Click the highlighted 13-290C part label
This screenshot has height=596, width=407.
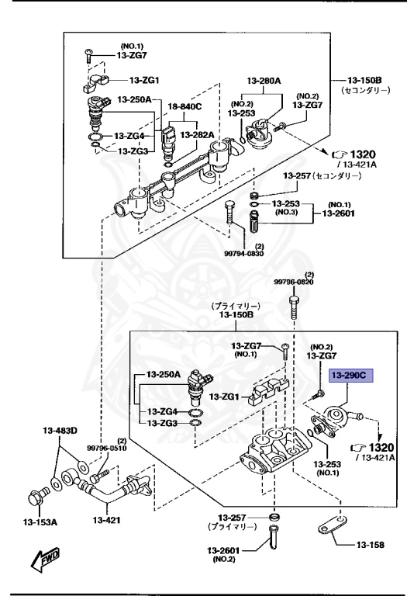pos(351,376)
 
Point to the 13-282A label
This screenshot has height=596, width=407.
pos(197,134)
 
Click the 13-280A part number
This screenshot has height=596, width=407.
pos(264,81)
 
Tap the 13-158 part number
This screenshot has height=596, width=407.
pos(370,545)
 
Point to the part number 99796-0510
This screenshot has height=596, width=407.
pos(106,448)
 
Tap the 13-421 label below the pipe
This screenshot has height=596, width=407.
pos(106,520)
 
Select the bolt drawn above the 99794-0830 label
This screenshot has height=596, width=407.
pos(229,212)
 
